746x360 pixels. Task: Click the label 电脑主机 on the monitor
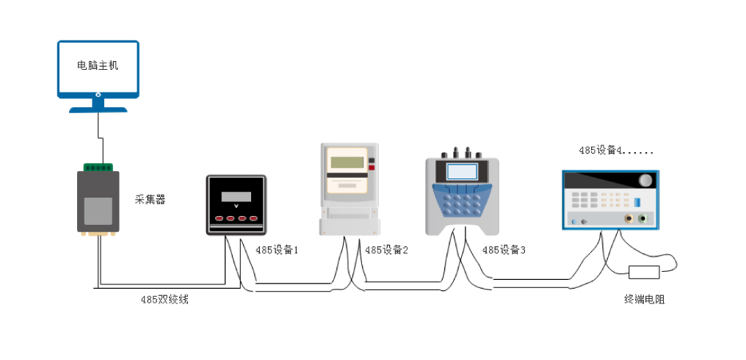[x=98, y=65]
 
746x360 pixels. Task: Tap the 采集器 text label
[x=151, y=200]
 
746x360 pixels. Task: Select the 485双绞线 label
[x=164, y=300]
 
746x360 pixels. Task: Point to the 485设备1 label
[x=277, y=250]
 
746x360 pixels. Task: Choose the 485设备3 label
[x=504, y=250]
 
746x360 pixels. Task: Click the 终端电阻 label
[x=644, y=300]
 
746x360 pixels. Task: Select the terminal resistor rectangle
[x=644, y=273]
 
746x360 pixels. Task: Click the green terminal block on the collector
[x=98, y=168]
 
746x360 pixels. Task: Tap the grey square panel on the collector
[x=98, y=211]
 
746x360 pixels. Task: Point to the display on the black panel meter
[x=236, y=197]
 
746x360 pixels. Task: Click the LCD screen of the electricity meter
[x=347, y=162]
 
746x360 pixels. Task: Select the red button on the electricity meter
[x=372, y=168]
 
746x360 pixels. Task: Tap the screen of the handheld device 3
[x=462, y=171]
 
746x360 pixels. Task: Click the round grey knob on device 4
[x=645, y=181]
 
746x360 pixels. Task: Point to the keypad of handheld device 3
[x=462, y=200]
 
